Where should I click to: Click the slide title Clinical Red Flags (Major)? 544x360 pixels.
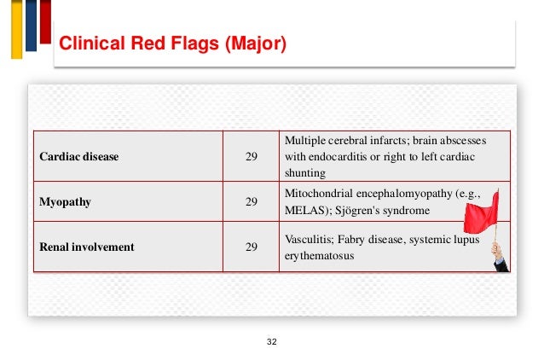[170, 44]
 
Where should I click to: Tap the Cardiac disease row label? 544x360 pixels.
[79, 157]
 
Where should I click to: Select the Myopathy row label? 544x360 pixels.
[66, 202]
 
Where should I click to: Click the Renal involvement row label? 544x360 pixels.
[87, 247]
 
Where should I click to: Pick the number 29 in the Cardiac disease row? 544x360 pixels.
[252, 157]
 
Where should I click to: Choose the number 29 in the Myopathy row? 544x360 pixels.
[252, 202]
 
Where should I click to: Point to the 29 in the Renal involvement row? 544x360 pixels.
[252, 247]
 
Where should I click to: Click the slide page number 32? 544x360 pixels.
[272, 341]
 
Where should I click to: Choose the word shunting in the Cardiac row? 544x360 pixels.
[303, 172]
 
